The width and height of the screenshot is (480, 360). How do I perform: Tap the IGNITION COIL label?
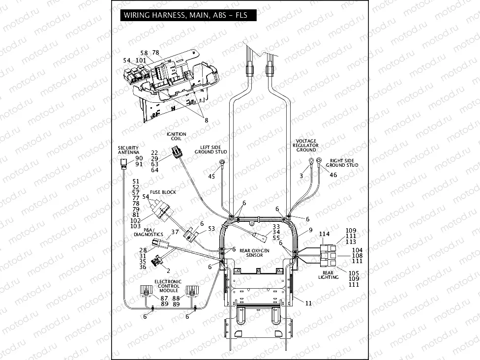176,136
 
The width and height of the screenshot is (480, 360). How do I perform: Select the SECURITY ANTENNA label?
128,150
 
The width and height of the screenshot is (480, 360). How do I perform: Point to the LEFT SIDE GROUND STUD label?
213,150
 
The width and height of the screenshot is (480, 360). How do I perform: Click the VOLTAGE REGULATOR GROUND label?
305,145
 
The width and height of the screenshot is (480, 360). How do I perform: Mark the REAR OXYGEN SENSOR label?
254,253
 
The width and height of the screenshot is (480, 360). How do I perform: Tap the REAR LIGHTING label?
328,275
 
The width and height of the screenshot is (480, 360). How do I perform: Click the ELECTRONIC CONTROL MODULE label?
168,286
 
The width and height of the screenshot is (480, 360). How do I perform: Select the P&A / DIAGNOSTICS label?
148,232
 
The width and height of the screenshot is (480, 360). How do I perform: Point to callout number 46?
333,175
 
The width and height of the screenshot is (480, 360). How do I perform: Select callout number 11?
308,303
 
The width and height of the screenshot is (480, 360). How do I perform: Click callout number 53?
211,229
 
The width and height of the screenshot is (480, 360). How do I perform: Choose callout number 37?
175,232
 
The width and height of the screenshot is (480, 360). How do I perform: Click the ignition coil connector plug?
176,153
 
